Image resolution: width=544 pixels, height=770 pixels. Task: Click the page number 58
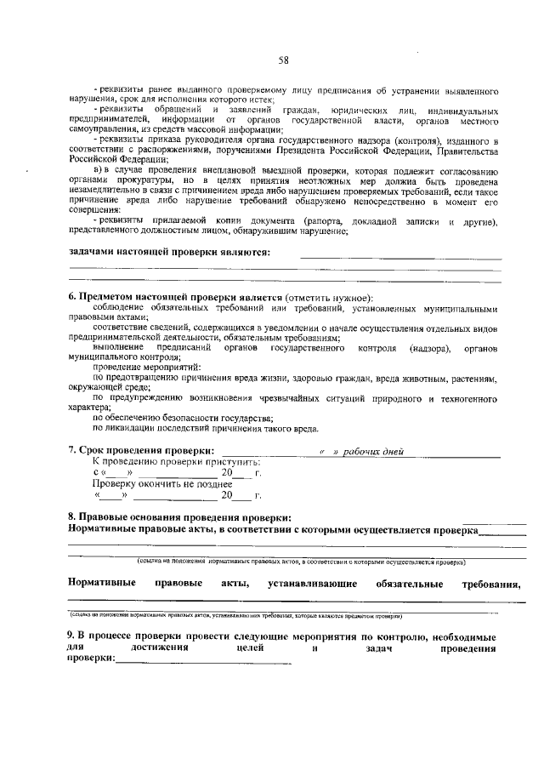[x=284, y=60]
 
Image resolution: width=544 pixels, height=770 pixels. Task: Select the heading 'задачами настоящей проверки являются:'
[x=169, y=252]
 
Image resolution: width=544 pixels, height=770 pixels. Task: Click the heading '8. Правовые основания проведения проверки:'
[x=179, y=516]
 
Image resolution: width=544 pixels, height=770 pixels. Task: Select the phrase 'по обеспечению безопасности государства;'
[x=182, y=418]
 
